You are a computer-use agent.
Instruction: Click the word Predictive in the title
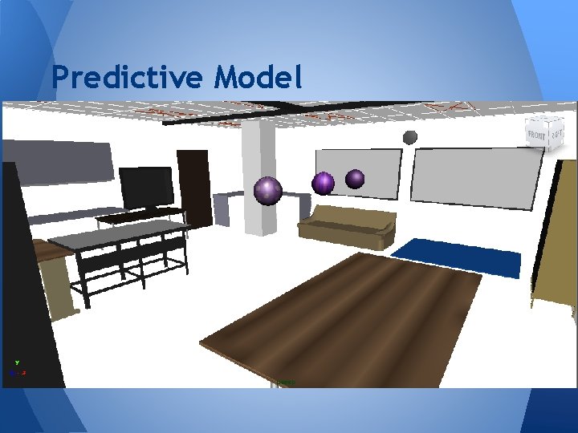pos(128,78)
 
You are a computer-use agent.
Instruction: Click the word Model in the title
pos(258,78)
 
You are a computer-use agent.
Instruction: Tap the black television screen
pos(146,188)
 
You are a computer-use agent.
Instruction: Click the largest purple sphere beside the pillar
pos(267,190)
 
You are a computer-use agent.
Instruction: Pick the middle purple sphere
pos(323,183)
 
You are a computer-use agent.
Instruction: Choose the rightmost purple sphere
pos(355,179)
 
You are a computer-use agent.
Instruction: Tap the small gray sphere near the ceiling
pos(409,137)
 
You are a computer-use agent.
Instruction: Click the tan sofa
pos(348,226)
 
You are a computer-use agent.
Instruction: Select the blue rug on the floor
pos(455,257)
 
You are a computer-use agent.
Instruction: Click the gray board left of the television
pos(56,162)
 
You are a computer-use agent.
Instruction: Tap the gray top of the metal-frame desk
pos(120,233)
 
